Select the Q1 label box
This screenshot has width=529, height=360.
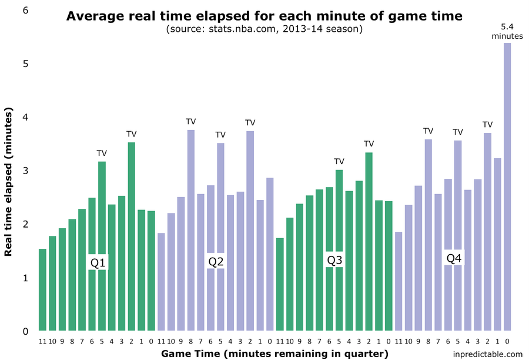tap(98, 262)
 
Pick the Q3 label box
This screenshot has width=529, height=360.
tap(334, 259)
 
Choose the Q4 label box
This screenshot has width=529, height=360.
tap(454, 258)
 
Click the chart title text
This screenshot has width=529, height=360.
tap(264, 16)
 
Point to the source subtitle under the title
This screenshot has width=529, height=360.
tap(264, 29)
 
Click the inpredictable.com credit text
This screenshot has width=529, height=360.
tap(488, 354)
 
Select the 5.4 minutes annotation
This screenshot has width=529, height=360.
tap(507, 31)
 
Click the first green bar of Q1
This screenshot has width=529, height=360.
tap(42, 289)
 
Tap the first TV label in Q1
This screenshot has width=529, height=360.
tap(102, 153)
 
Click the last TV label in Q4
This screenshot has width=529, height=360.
tap(487, 125)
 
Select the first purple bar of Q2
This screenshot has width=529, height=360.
tap(161, 282)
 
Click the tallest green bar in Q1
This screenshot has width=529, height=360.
tap(131, 235)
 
